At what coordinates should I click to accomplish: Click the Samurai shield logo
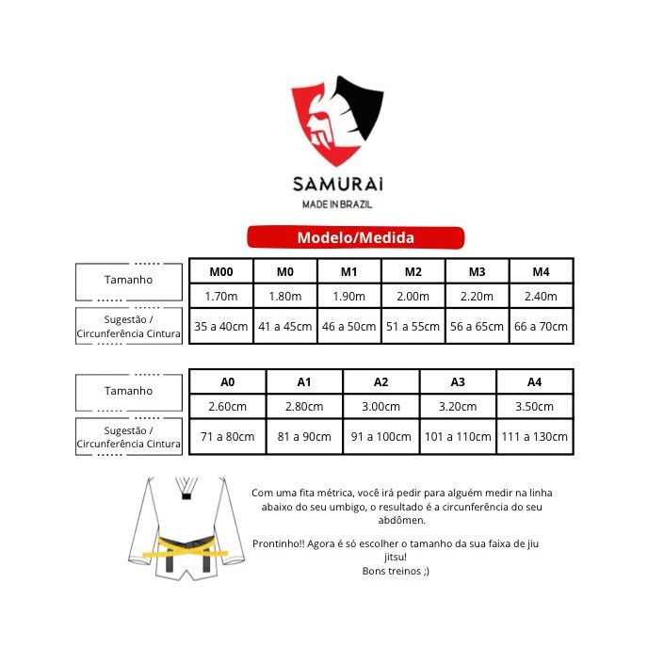tap(336, 122)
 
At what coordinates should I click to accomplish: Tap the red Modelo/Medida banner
tap(355, 237)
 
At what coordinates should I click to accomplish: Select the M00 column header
tap(220, 272)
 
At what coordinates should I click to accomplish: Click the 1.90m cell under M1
tap(348, 296)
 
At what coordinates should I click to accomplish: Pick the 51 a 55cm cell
tap(413, 327)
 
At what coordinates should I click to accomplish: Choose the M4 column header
tap(540, 272)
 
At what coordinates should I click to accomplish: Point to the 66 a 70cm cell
tap(540, 327)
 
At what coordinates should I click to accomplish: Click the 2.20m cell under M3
tap(477, 296)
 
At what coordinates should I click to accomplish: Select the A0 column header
tap(228, 382)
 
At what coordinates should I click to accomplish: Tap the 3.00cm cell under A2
tap(381, 407)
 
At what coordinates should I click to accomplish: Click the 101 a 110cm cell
tap(458, 436)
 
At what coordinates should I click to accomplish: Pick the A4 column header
tap(534, 382)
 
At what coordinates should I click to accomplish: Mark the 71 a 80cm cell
tap(228, 436)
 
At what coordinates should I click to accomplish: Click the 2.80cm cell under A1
tap(304, 407)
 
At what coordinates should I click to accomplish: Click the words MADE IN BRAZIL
tap(336, 203)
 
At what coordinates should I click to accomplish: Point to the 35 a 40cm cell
tap(220, 327)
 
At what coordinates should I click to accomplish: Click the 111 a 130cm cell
tap(534, 436)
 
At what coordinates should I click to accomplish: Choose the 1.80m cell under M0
tap(284, 296)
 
